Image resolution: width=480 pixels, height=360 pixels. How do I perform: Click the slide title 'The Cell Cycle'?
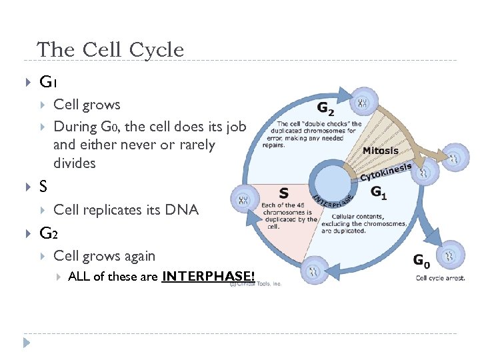[110, 49]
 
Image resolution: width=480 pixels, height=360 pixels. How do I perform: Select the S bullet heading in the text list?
[43, 187]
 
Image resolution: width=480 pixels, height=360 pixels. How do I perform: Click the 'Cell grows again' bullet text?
[104, 256]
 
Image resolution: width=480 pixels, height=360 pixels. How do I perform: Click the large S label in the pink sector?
[283, 193]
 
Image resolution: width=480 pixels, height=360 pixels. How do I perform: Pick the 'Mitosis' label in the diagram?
[381, 151]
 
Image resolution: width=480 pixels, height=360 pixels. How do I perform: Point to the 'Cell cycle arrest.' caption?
[440, 278]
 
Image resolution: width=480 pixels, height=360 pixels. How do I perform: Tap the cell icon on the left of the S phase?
[243, 199]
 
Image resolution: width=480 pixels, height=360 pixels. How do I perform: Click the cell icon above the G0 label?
[452, 253]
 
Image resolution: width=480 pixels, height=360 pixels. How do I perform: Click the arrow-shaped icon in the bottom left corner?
[26, 343]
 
